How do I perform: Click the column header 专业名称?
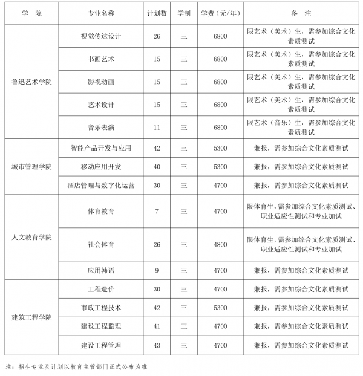click(x=101, y=13)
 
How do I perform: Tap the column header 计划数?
click(x=157, y=13)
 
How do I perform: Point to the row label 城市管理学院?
click(x=31, y=166)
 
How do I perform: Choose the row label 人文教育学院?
click(x=31, y=236)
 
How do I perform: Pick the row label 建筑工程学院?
click(x=31, y=317)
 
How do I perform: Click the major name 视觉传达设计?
click(x=101, y=36)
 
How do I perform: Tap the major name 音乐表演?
click(x=101, y=128)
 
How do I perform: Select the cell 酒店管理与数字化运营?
click(x=101, y=186)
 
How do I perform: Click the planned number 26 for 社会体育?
click(x=157, y=244)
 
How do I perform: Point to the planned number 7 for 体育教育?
click(x=157, y=211)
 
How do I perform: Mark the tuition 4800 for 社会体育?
click(x=220, y=244)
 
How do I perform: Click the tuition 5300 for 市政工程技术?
click(x=220, y=308)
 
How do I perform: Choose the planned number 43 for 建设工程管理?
click(x=157, y=345)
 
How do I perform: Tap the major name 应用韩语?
click(x=101, y=270)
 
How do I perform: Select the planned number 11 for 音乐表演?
click(x=157, y=128)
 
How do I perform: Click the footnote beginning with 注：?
click(x=76, y=366)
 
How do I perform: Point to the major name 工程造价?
click(x=101, y=289)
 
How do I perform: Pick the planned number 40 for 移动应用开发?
click(x=157, y=166)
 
